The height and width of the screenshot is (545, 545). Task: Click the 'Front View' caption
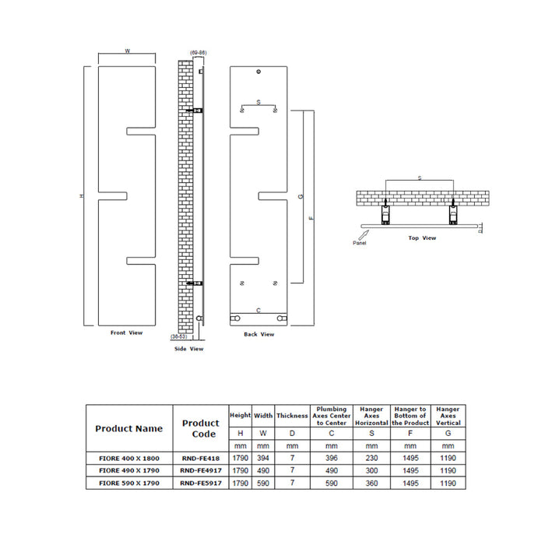pos(126,332)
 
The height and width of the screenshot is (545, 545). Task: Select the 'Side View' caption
pos(188,349)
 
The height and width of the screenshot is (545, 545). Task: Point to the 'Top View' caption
pos(422,238)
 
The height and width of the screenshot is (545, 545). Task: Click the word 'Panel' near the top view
pos(359,243)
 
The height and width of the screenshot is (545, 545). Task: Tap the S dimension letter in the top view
pos(420,179)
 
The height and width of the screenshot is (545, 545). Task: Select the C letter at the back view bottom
pos(258,310)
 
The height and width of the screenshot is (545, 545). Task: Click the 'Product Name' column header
pos(128,428)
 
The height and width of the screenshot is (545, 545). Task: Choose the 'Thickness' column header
pos(292,416)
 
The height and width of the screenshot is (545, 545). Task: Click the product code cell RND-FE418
pos(199,459)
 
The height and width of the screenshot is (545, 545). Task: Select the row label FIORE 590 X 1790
pos(128,483)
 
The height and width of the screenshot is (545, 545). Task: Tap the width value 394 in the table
pos(263,459)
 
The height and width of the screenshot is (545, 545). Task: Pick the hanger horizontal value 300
pos(371,471)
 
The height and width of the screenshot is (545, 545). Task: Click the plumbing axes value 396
pos(332,459)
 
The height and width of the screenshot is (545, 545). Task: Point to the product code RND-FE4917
pos(199,471)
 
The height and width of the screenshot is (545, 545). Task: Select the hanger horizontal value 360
pos(371,483)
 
